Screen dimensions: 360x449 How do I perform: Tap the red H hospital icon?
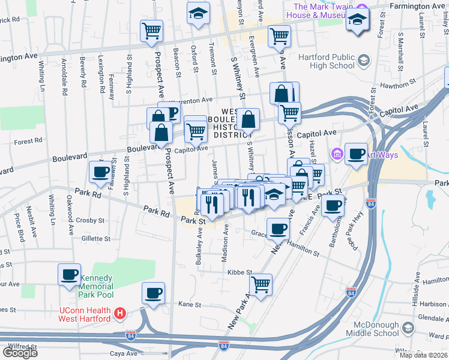point(120,313)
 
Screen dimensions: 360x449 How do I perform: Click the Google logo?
point(20,353)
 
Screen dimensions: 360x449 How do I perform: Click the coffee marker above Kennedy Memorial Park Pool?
point(70,274)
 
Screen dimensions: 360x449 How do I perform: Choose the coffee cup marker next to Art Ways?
point(356,154)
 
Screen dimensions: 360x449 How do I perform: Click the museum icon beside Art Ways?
point(336,155)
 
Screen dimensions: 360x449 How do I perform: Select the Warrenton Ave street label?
point(191,100)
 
